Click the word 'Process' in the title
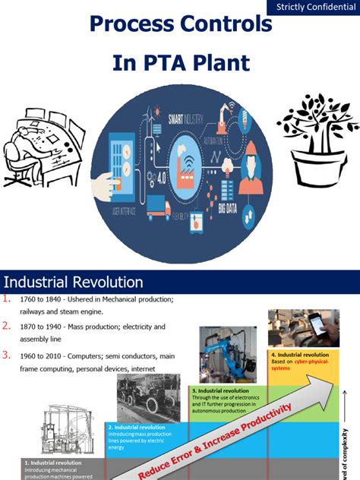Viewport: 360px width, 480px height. point(135,24)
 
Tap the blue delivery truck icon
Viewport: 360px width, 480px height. point(159,207)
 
